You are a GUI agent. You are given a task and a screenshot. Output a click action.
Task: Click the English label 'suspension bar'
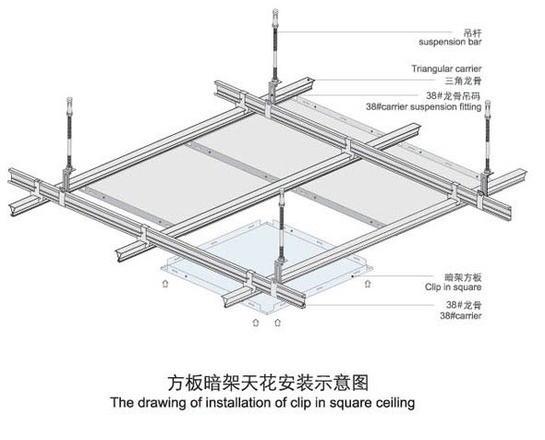[450, 43]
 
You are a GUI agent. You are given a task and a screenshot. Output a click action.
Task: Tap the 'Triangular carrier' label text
[447, 68]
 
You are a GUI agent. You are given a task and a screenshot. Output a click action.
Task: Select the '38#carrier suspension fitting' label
[424, 106]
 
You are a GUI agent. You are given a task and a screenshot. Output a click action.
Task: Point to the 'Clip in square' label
[453, 287]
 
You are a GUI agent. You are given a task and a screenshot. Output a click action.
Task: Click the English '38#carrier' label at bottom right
[461, 316]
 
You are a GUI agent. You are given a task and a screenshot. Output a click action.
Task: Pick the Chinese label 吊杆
[473, 33]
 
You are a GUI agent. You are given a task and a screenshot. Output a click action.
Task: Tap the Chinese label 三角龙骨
[464, 81]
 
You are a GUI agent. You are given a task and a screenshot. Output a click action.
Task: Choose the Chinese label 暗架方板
[464, 277]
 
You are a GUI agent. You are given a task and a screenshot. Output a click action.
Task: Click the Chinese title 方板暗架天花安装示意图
[268, 383]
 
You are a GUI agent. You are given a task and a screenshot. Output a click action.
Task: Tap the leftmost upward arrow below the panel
[165, 283]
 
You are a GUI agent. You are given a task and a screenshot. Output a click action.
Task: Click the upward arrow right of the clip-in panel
[368, 284]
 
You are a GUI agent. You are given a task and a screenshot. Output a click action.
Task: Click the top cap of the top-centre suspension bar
[275, 14]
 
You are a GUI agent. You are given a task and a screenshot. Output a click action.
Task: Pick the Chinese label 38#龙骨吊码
[454, 95]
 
